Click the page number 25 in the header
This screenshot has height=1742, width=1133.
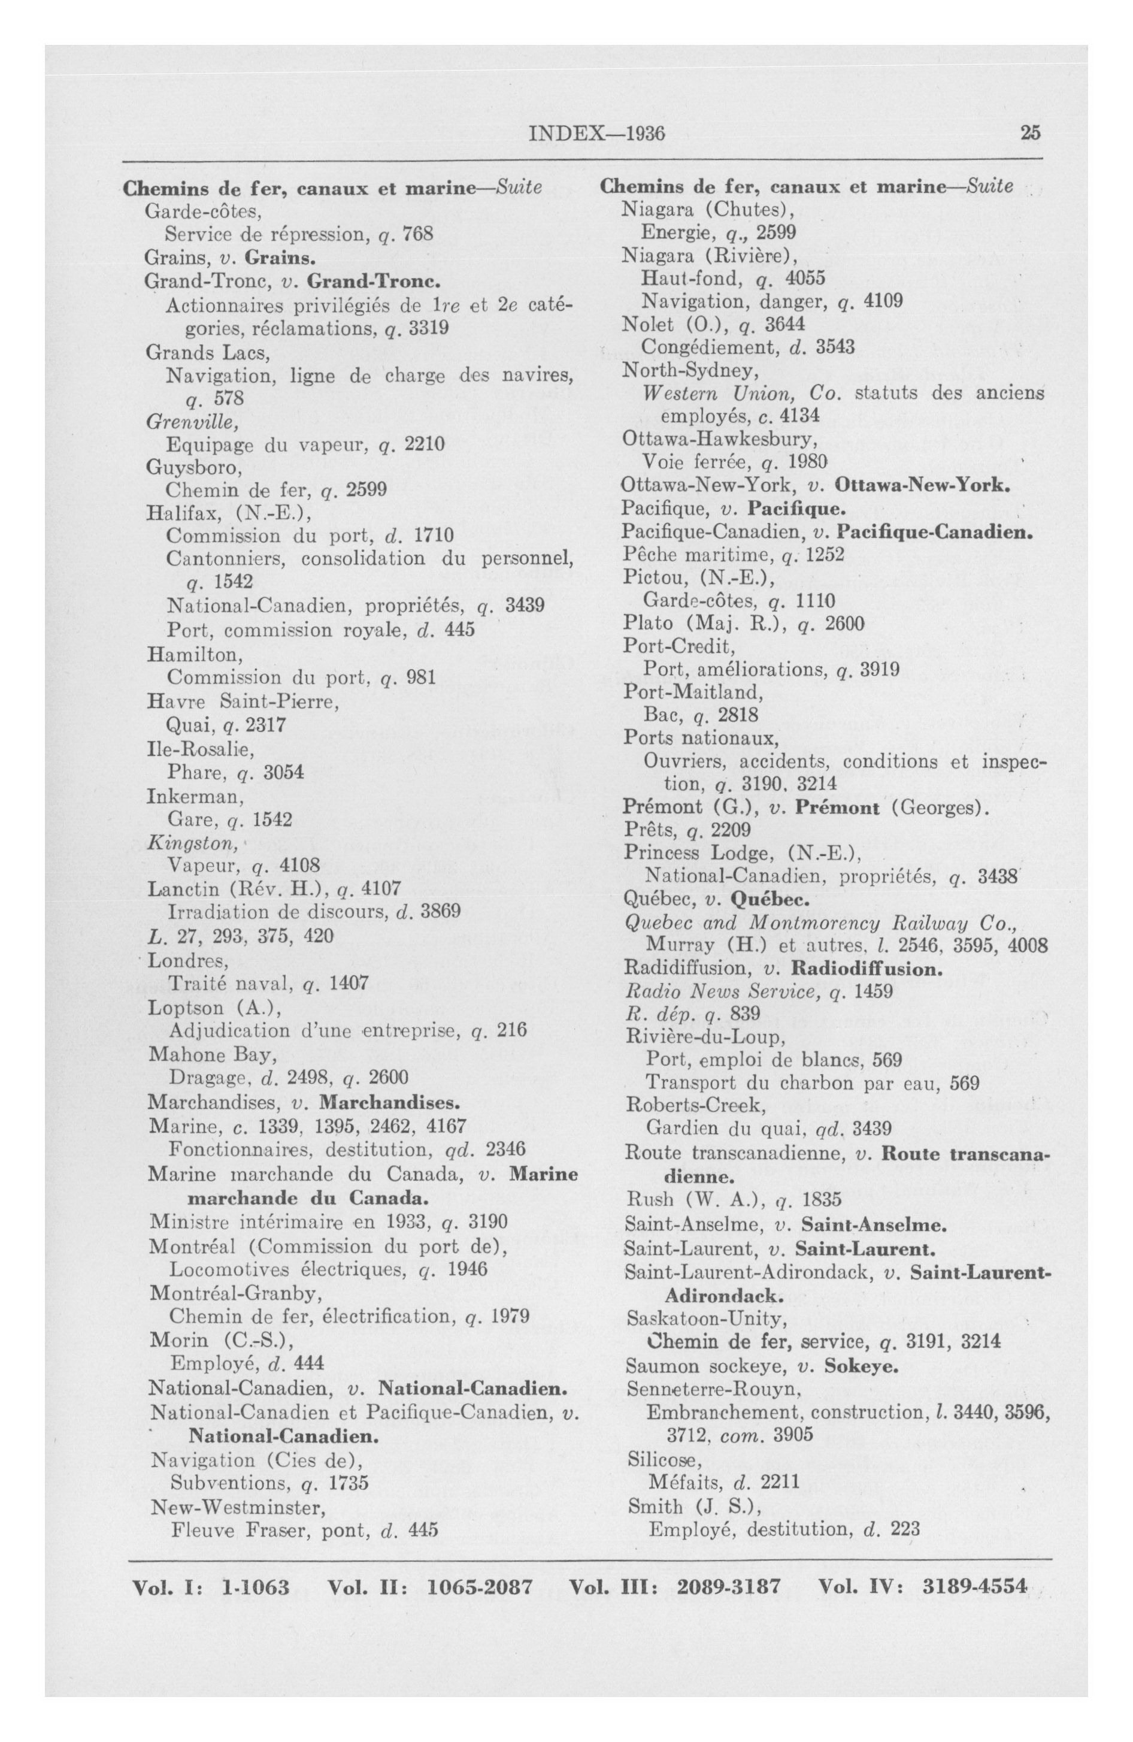click(1031, 133)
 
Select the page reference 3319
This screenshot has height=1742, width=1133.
click(428, 328)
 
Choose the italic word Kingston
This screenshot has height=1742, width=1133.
click(192, 843)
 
